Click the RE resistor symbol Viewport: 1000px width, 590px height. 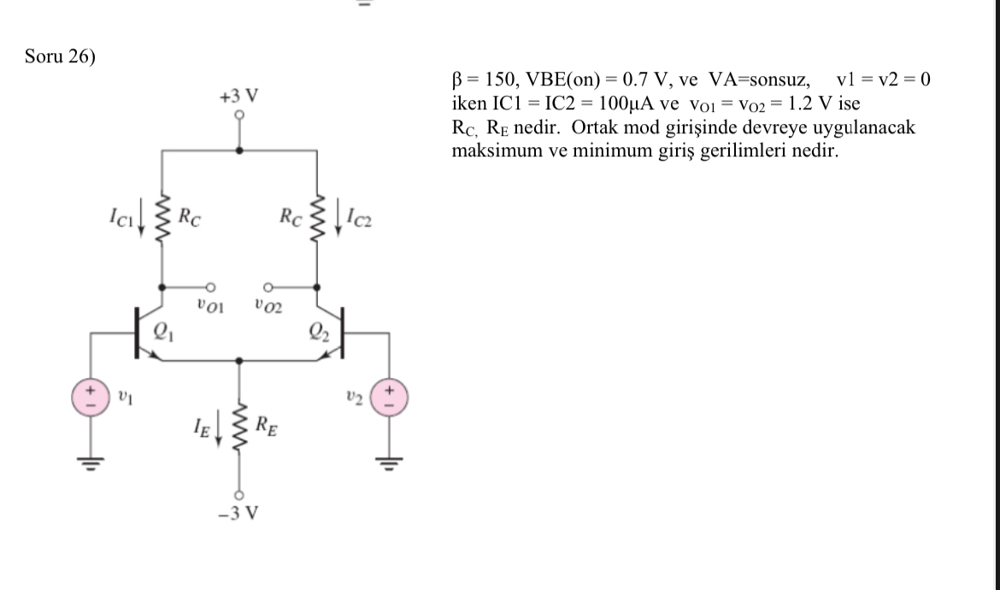coord(239,425)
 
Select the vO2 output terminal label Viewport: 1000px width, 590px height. coord(268,304)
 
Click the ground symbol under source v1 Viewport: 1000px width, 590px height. coord(90,463)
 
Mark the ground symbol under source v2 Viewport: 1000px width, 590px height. coord(391,463)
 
